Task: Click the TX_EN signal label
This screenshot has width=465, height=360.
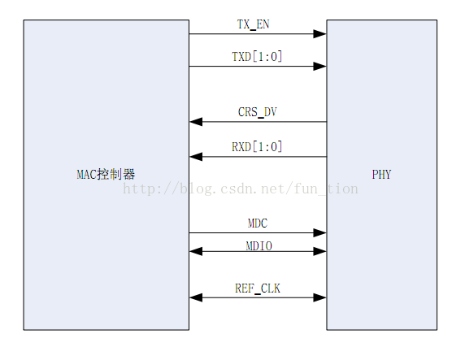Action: coord(253,24)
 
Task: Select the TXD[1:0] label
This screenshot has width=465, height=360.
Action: coord(257,56)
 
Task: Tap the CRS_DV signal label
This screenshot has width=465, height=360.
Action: coord(258,112)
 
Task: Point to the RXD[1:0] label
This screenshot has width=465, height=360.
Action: coord(257,147)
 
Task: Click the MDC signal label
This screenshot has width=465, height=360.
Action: coord(258,223)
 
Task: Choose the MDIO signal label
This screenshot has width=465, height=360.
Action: coord(258,243)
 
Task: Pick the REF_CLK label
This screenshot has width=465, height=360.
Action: coord(258,288)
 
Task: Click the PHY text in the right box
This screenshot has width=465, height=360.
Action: coord(381,175)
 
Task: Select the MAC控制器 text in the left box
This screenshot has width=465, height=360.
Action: coord(106,175)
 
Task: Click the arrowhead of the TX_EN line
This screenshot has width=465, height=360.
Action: coord(320,34)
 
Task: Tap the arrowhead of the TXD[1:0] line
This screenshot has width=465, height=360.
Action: coord(320,67)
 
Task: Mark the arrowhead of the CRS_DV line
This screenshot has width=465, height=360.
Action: coord(196,122)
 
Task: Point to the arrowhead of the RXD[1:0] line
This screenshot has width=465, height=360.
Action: coord(196,157)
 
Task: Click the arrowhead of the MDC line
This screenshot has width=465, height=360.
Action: coord(320,233)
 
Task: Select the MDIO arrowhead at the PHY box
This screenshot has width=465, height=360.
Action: coord(320,252)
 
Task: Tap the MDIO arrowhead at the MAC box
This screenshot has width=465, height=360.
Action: coord(196,252)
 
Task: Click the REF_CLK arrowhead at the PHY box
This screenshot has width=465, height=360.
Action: coord(320,298)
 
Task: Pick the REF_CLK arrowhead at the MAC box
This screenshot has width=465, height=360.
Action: coord(196,298)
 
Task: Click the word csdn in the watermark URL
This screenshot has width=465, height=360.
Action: coord(236,189)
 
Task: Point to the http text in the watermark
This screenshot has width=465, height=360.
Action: coord(139,189)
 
